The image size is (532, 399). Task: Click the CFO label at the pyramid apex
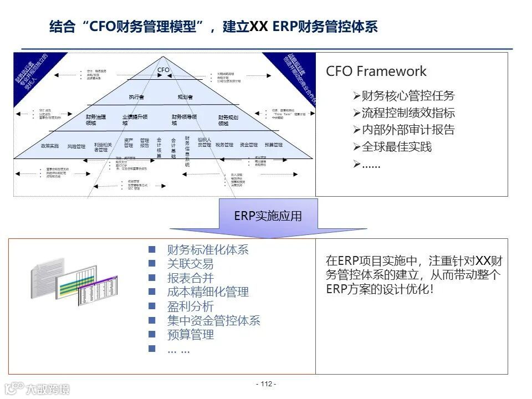pyautogui.click(x=163, y=70)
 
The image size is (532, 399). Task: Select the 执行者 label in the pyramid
pyautogui.click(x=136, y=97)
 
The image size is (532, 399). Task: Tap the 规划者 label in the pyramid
pyautogui.click(x=185, y=97)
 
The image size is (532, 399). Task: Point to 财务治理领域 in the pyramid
pyautogui.click(x=95, y=120)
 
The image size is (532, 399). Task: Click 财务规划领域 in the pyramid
pyautogui.click(x=228, y=120)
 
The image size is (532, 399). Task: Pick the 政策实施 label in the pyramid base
pyautogui.click(x=50, y=146)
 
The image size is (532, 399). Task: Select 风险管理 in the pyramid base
pyautogui.click(x=76, y=146)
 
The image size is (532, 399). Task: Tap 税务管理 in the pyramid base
pyautogui.click(x=224, y=145)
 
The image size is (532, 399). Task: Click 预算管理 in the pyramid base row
pyautogui.click(x=273, y=145)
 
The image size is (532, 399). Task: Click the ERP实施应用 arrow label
pyautogui.click(x=268, y=216)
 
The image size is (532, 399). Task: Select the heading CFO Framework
pyautogui.click(x=376, y=71)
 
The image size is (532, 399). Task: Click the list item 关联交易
pyautogui.click(x=190, y=264)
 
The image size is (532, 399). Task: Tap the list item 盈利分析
pyautogui.click(x=190, y=306)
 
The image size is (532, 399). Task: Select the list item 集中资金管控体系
pyautogui.click(x=213, y=320)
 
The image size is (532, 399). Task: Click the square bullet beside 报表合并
pyautogui.click(x=152, y=278)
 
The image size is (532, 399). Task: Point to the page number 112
pyautogui.click(x=267, y=384)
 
